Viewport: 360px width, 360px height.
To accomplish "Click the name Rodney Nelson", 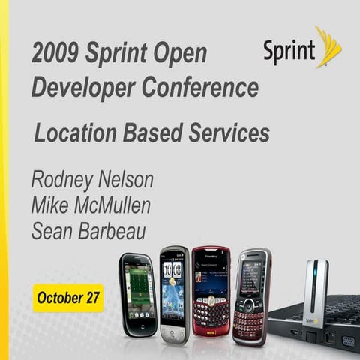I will pyautogui.click(x=92, y=180).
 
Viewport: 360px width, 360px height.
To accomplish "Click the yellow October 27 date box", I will pyautogui.click(x=68, y=298).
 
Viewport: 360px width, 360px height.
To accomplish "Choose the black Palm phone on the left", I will pyautogui.click(x=138, y=295).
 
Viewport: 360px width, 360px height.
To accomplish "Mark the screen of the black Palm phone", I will pyautogui.click(x=139, y=286).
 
